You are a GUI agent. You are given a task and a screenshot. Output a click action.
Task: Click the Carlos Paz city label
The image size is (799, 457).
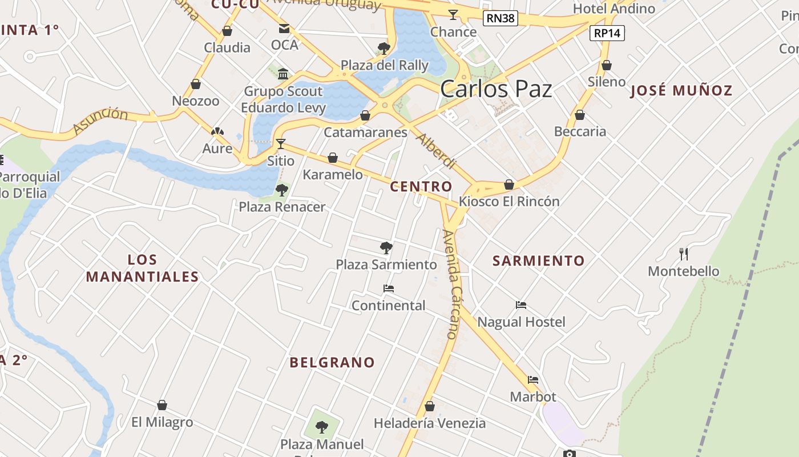[x=496, y=89]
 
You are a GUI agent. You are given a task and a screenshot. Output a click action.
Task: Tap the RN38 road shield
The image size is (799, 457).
[x=500, y=18]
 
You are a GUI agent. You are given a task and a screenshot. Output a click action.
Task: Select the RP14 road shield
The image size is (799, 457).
[x=607, y=33]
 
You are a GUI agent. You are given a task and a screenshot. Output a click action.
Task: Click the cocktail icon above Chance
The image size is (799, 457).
[x=453, y=15]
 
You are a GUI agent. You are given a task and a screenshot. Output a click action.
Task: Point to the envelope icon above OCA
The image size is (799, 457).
[x=284, y=29]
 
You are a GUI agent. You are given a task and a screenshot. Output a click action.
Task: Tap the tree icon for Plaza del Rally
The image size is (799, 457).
[x=384, y=48]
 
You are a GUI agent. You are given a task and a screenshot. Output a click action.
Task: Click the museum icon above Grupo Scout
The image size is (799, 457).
[x=283, y=74]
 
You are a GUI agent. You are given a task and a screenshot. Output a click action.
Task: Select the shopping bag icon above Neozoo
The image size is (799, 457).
[x=196, y=85]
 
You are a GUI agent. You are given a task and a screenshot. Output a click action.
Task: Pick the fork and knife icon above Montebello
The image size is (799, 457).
[x=683, y=254]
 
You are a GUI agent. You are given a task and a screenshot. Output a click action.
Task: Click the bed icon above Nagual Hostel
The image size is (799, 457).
[x=521, y=305]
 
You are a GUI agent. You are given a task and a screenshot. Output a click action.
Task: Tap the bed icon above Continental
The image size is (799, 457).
[x=389, y=288]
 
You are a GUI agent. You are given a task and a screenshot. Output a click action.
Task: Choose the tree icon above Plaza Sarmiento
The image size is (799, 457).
[x=386, y=247]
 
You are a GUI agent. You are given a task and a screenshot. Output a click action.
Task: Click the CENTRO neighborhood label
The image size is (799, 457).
[x=421, y=186]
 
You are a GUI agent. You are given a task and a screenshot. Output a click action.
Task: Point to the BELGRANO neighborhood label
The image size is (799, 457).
[x=332, y=362]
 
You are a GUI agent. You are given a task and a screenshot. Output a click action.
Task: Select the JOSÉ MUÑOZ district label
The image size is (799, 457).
[x=681, y=90]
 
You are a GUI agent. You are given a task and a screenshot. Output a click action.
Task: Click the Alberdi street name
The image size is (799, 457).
[x=436, y=151]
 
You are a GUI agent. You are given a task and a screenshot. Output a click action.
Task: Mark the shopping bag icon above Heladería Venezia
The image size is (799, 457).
[x=430, y=406]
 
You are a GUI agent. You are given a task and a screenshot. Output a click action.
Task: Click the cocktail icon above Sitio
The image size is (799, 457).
[x=280, y=143]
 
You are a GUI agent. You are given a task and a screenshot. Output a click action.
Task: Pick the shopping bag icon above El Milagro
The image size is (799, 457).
[x=162, y=405]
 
